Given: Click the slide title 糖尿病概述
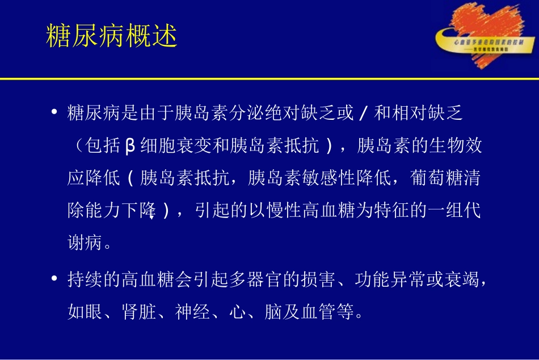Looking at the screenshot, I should point(111,36).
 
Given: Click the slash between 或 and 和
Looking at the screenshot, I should point(363,113).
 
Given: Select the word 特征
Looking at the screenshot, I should point(409,211).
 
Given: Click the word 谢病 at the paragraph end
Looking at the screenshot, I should point(81,244).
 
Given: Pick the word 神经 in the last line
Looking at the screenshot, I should point(190,312).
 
